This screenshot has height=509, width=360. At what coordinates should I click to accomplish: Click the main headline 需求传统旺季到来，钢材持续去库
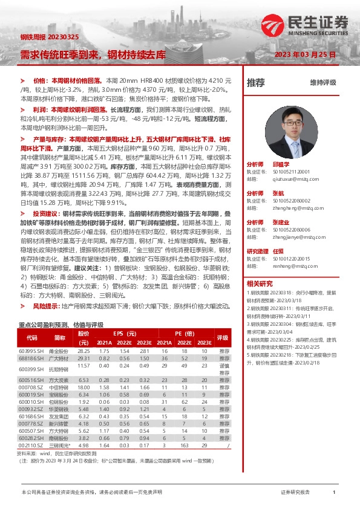click(93, 54)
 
